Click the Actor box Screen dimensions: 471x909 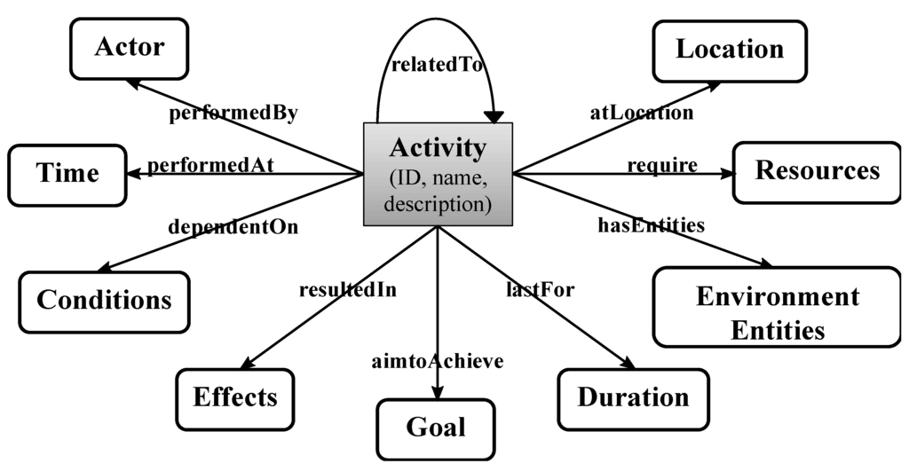(130, 47)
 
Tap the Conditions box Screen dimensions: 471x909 (104, 300)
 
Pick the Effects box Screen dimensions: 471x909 (235, 396)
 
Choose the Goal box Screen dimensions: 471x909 (436, 428)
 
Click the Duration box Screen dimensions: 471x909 (633, 397)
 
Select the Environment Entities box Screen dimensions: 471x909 (778, 312)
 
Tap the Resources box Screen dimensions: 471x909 (817, 170)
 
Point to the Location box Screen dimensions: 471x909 (730, 50)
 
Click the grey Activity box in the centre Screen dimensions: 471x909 (439, 174)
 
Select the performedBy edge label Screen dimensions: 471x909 (233, 114)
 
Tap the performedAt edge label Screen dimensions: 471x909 (210, 165)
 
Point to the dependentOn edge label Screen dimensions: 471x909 (233, 226)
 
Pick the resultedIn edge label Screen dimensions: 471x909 (348, 289)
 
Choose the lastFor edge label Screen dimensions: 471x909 (541, 289)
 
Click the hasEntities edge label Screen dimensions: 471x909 (650, 225)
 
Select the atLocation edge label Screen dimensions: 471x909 (641, 113)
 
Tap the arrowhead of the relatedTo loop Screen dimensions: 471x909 (494, 116)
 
